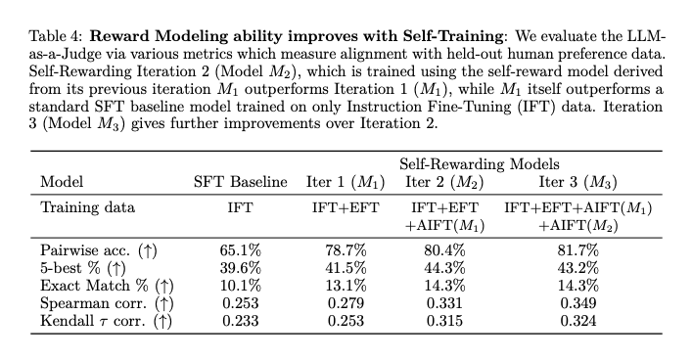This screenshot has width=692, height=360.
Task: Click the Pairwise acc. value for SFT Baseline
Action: [240, 249]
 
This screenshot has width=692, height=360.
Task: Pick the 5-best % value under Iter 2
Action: [446, 267]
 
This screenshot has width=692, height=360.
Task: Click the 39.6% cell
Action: [240, 267]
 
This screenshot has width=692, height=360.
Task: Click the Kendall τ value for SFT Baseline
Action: [240, 320]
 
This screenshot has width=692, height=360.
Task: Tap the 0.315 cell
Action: [446, 320]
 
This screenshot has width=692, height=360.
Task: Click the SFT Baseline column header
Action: [240, 182]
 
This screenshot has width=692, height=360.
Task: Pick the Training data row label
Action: [85, 207]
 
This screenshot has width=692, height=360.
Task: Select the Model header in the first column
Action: [61, 182]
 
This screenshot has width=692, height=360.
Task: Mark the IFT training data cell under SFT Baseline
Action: [240, 207]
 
